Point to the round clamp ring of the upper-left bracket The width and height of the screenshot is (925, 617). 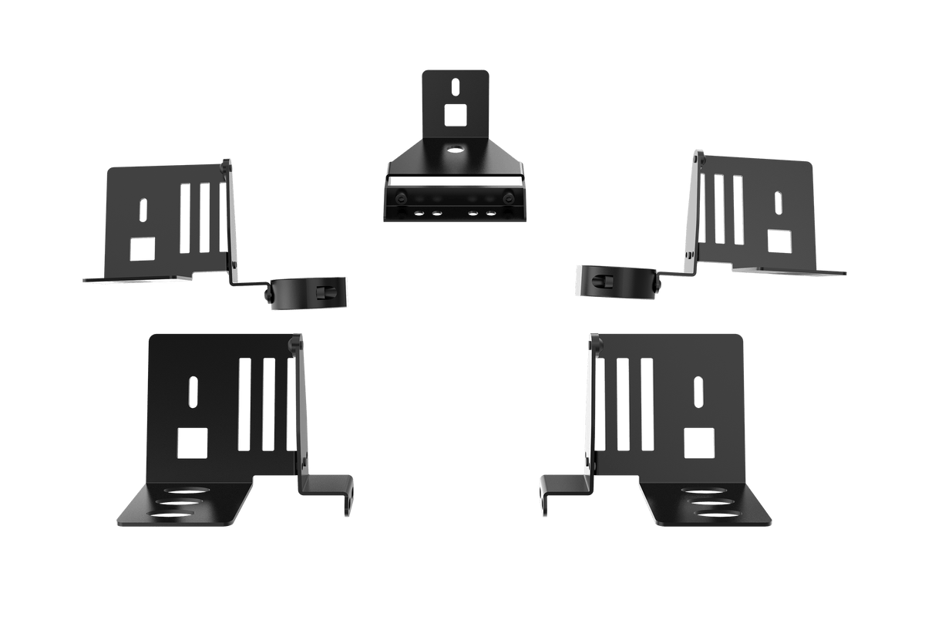(x=308, y=293)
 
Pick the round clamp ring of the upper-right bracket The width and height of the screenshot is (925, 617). (x=617, y=279)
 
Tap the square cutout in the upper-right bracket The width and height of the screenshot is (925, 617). (x=780, y=242)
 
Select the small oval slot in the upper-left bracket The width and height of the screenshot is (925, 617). (x=143, y=210)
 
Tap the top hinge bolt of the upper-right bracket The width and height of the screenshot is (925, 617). (x=696, y=157)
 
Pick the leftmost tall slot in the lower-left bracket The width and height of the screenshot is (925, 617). (x=244, y=404)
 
